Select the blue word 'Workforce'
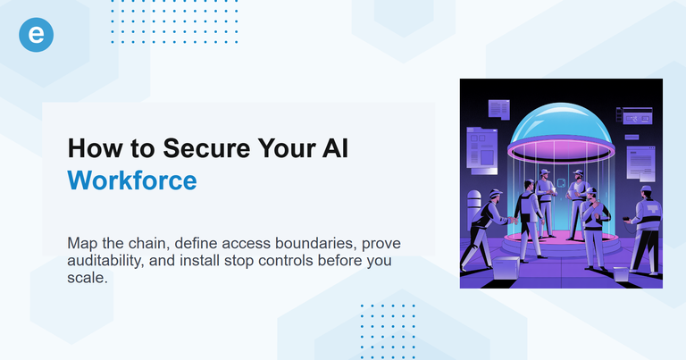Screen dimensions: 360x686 coord(132,180)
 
